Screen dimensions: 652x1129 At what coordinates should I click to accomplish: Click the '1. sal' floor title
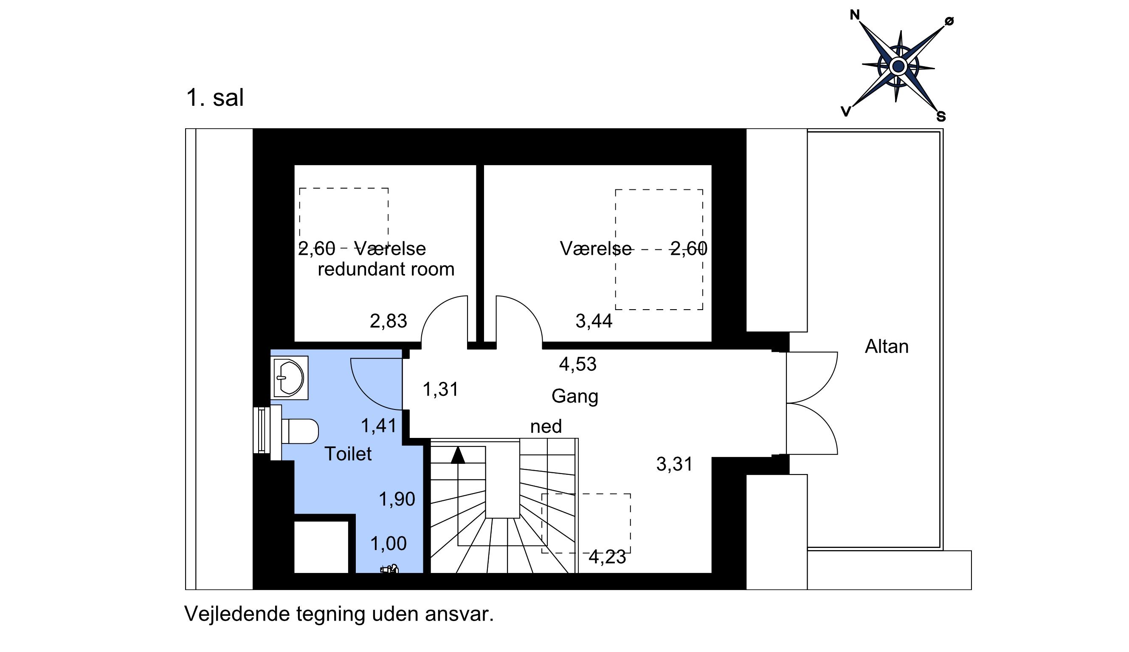coord(215,98)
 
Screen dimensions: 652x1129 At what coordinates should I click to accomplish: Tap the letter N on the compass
coord(855,15)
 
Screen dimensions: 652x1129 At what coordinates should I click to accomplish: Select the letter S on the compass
coord(941,116)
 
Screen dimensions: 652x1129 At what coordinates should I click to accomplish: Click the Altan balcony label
coord(887,347)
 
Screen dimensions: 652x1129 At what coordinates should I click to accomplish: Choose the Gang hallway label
coord(574,396)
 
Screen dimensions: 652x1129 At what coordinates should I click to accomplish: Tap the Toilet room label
coord(348,454)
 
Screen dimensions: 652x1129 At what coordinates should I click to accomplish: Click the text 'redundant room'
coord(386,269)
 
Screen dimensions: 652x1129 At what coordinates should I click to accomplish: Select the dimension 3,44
coord(594,321)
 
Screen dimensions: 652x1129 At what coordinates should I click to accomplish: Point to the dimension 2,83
coord(389,321)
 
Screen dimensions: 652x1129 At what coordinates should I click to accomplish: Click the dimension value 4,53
coord(578,364)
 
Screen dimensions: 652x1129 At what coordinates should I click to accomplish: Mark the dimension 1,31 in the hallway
coord(441,390)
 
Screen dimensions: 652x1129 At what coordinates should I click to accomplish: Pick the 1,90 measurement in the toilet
coord(397,499)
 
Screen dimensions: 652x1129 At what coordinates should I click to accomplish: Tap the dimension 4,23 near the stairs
coord(607,557)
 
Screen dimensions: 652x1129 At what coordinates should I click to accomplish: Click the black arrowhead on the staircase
coord(458,455)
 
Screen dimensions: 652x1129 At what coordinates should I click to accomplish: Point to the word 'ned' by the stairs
coord(546,426)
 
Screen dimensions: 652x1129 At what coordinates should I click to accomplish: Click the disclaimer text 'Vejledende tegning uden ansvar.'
coord(339,614)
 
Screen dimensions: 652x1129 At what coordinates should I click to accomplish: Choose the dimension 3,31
coord(674,464)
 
